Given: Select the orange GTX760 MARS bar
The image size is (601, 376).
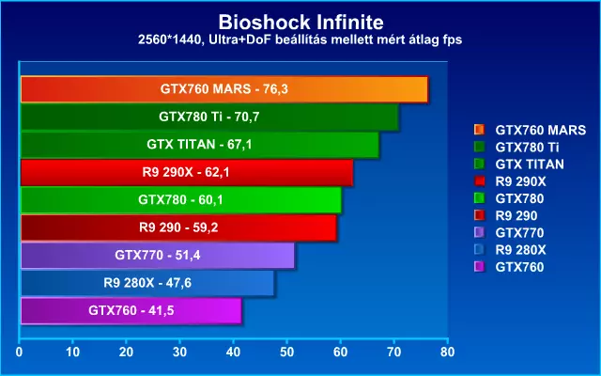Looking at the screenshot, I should pyautogui.click(x=223, y=89).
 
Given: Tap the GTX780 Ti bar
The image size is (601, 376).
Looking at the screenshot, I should pyautogui.click(x=208, y=117).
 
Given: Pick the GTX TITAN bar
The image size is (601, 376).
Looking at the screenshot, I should pyautogui.click(x=199, y=145).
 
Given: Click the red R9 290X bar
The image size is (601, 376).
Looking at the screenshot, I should pyautogui.click(x=186, y=173).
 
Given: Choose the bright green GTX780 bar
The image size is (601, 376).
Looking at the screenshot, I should pyautogui.click(x=180, y=200).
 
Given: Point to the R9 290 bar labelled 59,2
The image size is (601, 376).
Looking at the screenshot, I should pyautogui.click(x=177, y=227).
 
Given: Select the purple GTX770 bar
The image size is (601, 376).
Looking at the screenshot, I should pyautogui.click(x=157, y=255).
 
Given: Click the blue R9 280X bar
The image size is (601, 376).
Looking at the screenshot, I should pyautogui.click(x=146, y=283).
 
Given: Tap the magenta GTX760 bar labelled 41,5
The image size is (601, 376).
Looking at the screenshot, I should pyautogui.click(x=131, y=310).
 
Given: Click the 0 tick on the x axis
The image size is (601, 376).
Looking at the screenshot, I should pyautogui.click(x=20, y=352).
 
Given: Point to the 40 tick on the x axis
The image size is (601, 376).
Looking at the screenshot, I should pyautogui.click(x=234, y=352).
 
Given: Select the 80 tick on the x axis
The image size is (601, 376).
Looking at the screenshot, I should pyautogui.click(x=448, y=352).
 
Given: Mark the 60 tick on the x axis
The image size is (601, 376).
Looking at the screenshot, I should pyautogui.click(x=341, y=352).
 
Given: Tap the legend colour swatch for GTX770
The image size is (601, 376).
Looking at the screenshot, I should pyautogui.click(x=479, y=233).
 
